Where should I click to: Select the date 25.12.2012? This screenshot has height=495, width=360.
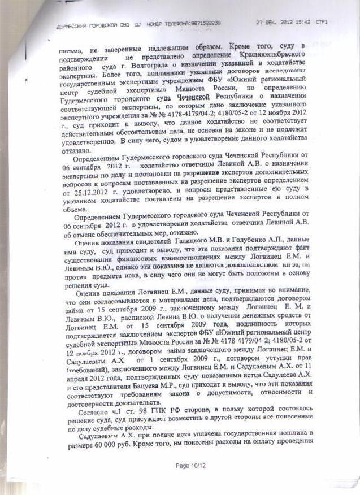coord(84,193)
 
